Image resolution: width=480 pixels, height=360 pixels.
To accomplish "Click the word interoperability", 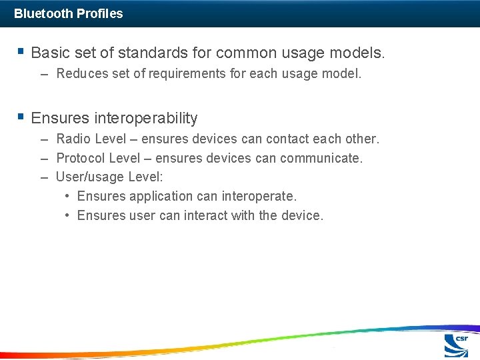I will tap(146, 118).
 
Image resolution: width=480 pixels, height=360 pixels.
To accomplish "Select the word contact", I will tap(287, 139).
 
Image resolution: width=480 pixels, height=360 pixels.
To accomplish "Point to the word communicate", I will tap(321, 158).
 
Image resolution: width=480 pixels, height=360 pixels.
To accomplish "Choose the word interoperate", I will tap(258, 196).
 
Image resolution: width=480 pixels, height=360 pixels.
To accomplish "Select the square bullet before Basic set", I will tap(21, 51).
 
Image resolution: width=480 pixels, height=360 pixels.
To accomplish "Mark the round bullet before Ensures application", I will tap(69, 196).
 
